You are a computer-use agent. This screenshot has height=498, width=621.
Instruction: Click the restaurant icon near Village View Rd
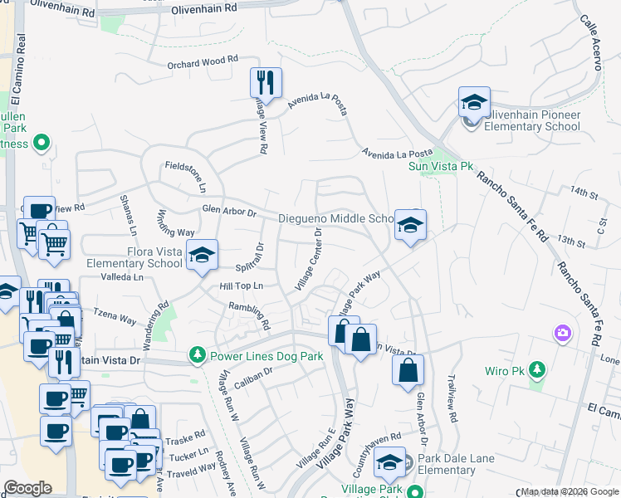click(266, 82)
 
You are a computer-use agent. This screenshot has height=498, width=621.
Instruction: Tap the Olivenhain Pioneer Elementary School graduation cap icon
click(474, 103)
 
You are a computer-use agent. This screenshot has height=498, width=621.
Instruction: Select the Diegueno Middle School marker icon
click(409, 224)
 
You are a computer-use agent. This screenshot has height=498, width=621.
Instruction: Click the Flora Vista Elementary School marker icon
click(201, 255)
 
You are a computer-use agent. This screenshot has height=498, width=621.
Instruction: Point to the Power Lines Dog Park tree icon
click(198, 356)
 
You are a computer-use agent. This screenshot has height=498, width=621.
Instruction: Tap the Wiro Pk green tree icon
click(537, 369)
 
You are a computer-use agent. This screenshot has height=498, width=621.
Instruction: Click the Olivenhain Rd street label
click(204, 8)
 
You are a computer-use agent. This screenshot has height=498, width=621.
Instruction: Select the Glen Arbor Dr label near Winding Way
click(229, 212)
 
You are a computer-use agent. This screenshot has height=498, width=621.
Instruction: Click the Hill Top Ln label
click(241, 286)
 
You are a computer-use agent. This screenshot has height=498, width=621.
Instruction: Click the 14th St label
click(584, 192)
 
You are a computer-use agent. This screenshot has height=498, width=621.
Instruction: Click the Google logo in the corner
click(28, 487)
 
